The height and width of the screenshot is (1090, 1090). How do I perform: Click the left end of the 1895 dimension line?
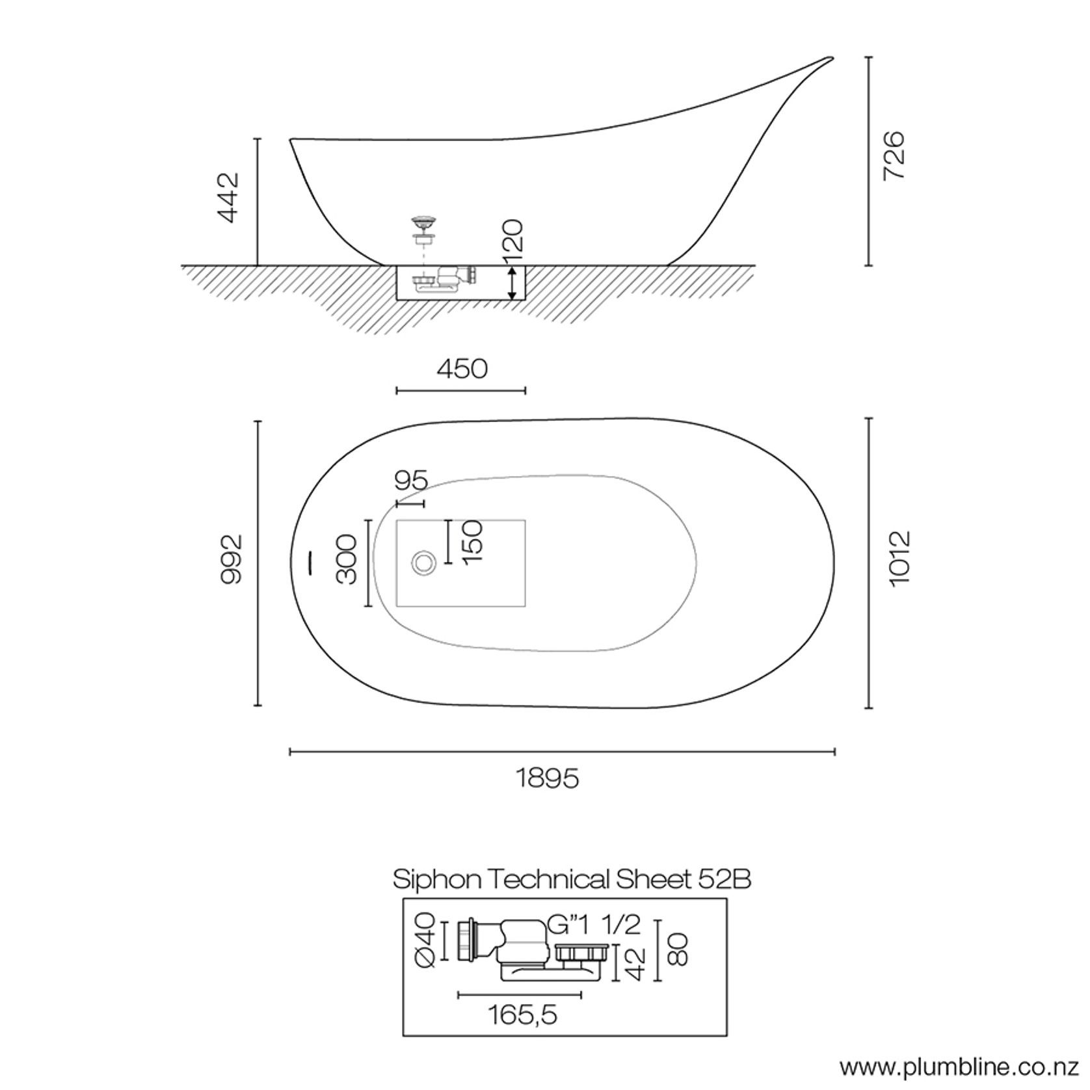pos(290,752)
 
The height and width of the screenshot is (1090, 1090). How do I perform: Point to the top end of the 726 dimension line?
pos(869,57)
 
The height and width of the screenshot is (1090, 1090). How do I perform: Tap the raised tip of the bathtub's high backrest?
pos(832,57)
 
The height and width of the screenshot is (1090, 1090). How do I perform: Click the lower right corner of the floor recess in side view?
pos(525,300)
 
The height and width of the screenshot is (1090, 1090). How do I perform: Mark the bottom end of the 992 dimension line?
pos(258,705)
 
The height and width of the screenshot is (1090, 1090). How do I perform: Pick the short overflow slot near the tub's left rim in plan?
pos(310,562)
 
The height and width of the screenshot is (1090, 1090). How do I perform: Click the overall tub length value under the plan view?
pos(548,778)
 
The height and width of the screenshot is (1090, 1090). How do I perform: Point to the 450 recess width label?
pos(462,369)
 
